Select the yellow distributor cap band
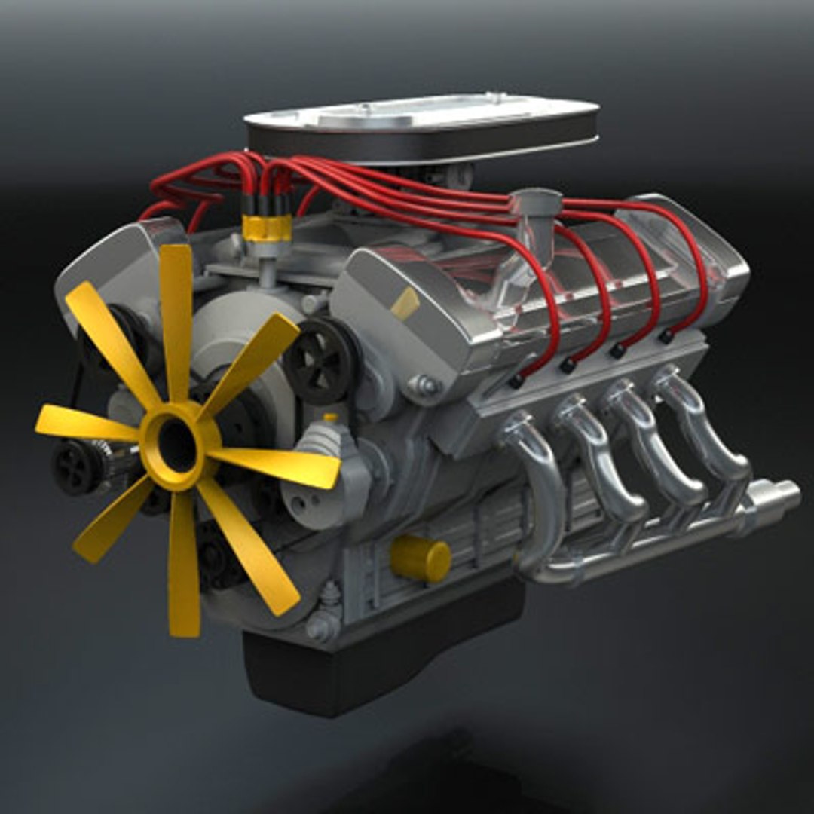point(267,228)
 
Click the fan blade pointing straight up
point(176,317)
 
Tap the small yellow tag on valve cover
point(405,303)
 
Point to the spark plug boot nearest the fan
point(516,381)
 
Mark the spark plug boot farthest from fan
point(666,335)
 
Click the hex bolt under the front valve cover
point(424,386)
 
